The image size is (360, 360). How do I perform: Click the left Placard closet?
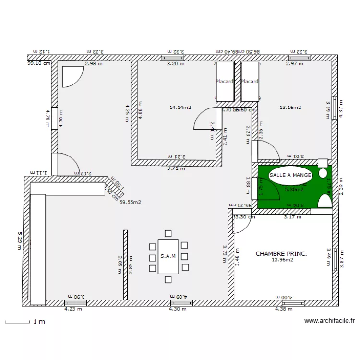[224, 82]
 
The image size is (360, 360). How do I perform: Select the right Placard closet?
[250, 82]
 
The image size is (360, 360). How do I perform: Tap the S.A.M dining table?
[168, 256]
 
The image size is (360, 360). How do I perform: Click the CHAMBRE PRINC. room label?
[281, 253]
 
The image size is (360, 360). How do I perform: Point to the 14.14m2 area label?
[180, 108]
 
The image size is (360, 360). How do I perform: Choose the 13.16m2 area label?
[290, 108]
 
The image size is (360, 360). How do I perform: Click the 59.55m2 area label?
[130, 202]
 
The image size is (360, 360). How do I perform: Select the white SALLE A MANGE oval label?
[290, 175]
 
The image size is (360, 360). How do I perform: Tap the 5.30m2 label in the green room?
[294, 190]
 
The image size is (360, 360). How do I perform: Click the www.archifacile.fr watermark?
[329, 321]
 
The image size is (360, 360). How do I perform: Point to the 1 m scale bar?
[24, 322]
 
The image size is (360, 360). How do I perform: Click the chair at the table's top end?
[168, 234]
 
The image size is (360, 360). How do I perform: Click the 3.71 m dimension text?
[175, 168]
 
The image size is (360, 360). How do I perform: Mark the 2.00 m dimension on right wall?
[341, 185]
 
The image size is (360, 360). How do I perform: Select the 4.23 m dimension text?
[73, 309]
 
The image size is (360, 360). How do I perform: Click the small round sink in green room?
[323, 173]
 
